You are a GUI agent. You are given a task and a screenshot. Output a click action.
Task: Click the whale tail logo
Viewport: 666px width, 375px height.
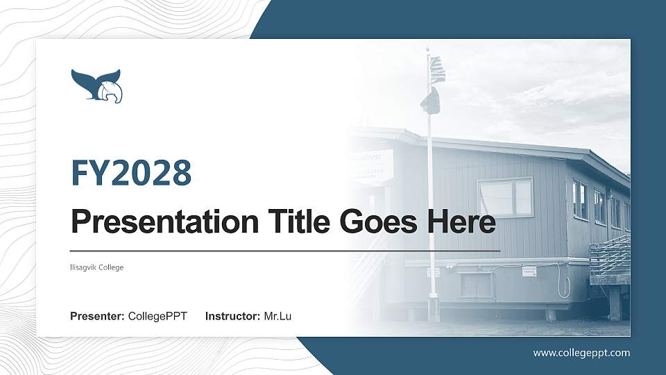(x=96, y=85)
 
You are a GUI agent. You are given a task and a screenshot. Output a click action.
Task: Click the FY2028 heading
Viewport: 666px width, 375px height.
(x=131, y=173)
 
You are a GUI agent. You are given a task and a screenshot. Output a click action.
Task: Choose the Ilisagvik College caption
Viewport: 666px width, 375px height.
(x=96, y=267)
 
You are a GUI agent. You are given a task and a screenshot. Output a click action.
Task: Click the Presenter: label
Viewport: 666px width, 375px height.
(x=97, y=317)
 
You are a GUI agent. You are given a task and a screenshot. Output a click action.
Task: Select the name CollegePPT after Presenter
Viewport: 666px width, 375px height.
(x=157, y=317)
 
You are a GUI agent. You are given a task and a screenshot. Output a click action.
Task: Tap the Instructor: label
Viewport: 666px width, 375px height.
(x=233, y=317)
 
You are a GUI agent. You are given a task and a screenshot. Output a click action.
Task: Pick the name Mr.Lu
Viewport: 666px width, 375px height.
(x=277, y=317)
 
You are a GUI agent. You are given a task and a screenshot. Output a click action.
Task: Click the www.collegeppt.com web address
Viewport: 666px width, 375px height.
(x=581, y=353)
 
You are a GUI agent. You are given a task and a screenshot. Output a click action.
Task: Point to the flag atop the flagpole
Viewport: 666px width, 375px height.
(x=436, y=70)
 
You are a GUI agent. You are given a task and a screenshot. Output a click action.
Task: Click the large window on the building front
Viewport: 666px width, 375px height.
(x=505, y=197)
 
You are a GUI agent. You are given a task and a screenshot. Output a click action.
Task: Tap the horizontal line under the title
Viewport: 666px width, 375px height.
(x=285, y=250)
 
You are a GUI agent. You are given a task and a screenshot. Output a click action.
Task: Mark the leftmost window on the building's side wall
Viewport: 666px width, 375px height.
(x=579, y=201)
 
